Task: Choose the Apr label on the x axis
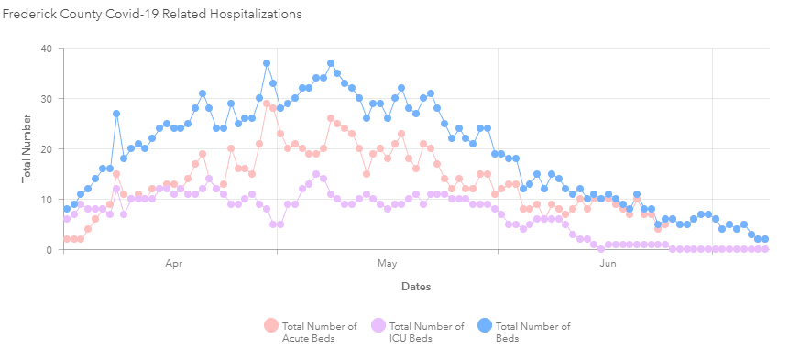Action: click(x=173, y=264)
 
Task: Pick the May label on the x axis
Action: click(x=386, y=264)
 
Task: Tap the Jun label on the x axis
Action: click(x=607, y=264)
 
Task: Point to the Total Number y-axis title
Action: click(x=27, y=148)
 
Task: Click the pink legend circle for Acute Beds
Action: click(x=270, y=325)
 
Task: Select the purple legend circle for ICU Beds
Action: click(x=377, y=325)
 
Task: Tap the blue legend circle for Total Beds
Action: click(x=485, y=325)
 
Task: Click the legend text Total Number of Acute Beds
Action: click(x=320, y=332)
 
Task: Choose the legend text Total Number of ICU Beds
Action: click(x=426, y=332)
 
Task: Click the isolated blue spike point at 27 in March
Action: click(x=116, y=114)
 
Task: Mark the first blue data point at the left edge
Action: click(x=67, y=209)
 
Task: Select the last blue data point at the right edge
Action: click(x=765, y=239)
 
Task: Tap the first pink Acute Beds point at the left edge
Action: click(x=67, y=239)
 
